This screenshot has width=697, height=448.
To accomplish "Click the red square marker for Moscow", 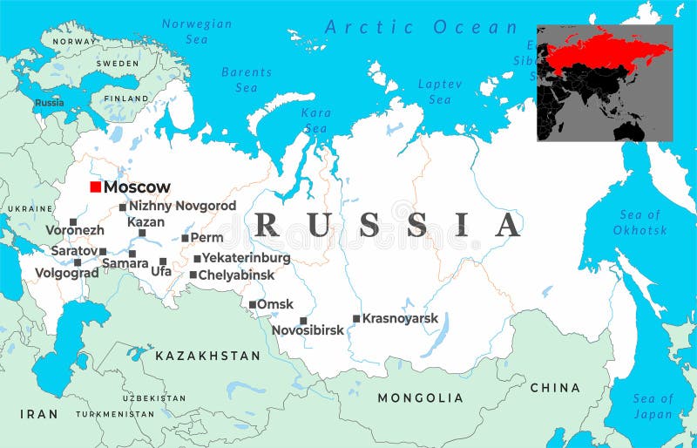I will click(x=96, y=187).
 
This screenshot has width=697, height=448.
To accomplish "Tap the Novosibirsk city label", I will click(x=308, y=331).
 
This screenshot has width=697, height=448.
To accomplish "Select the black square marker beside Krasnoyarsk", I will click(x=356, y=319).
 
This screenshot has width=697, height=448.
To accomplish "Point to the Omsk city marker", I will click(x=253, y=305).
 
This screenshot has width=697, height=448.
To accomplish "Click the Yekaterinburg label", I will click(x=247, y=258).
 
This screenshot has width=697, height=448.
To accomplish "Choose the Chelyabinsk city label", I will click(x=237, y=275).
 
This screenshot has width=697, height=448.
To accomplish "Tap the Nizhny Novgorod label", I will click(x=182, y=206).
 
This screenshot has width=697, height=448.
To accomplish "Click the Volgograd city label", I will click(x=66, y=273).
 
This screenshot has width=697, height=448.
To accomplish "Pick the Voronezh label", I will click(x=75, y=231).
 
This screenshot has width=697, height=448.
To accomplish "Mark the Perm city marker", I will click(x=185, y=237).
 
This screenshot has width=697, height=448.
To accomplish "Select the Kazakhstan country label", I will click(x=207, y=356).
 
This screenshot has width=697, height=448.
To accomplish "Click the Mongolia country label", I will click(x=420, y=397).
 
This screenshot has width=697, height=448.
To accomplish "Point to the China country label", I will click(x=554, y=387).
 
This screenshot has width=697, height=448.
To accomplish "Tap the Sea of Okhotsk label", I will click(x=640, y=222).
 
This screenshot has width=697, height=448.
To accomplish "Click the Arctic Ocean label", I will click(x=422, y=27).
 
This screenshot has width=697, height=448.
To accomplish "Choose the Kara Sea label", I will click(x=315, y=121).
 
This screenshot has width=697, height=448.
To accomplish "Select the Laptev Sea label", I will click(x=434, y=92).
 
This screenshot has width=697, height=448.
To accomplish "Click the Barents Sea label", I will click(x=247, y=80).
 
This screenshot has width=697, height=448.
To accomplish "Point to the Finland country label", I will click(x=126, y=98).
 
